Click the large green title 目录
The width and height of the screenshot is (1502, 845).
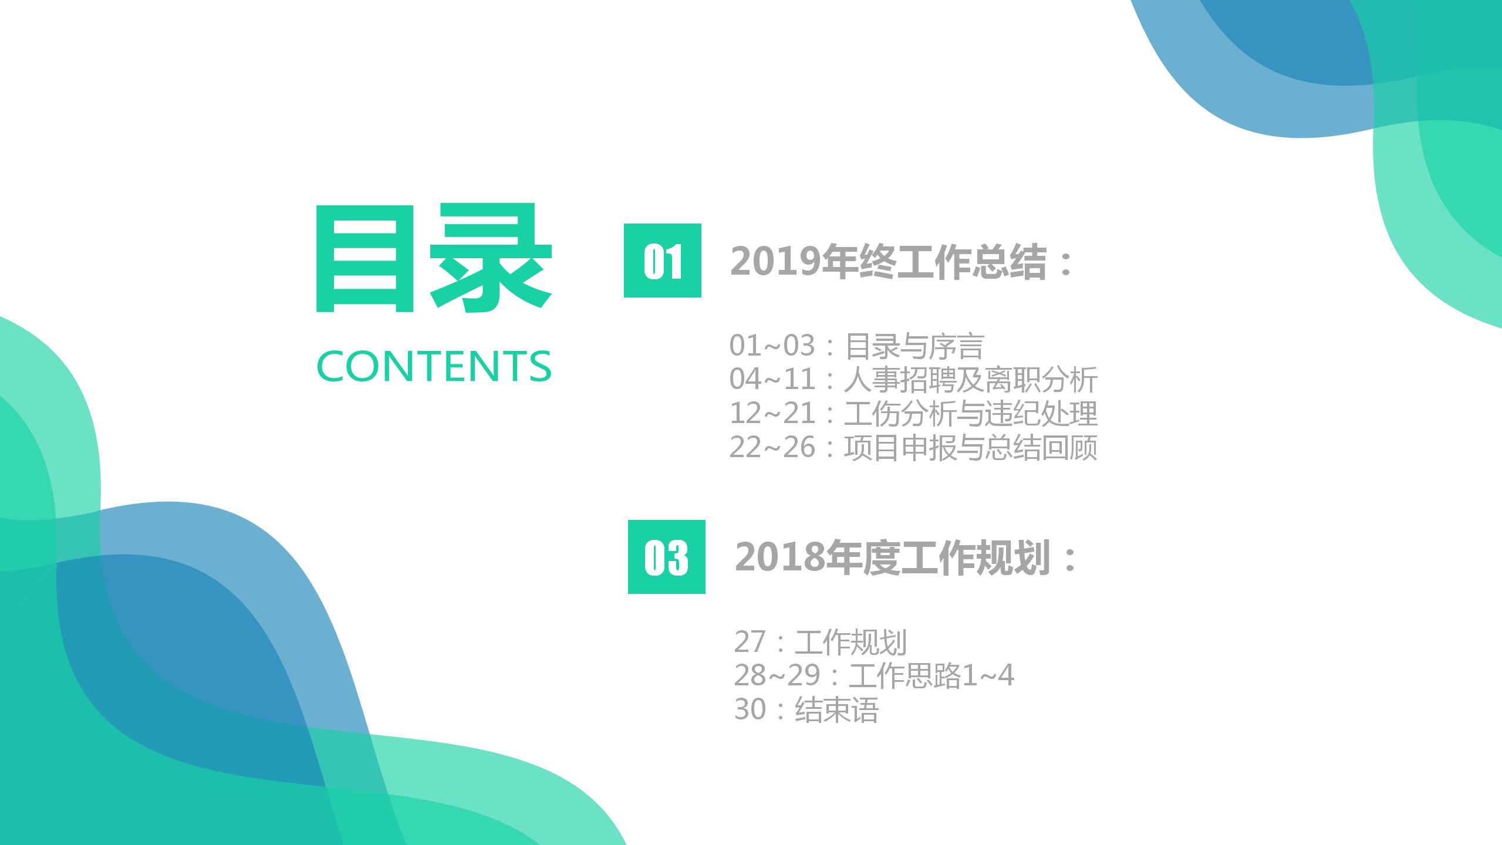tap(434, 258)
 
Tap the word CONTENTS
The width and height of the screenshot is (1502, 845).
tap(434, 366)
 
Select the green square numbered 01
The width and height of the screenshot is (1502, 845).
tap(662, 261)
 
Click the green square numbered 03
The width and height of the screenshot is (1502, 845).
tap(666, 557)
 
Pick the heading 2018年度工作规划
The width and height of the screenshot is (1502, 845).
tap(892, 557)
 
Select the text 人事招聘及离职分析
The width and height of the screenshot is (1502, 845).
tap(970, 380)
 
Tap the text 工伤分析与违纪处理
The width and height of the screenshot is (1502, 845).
tap(970, 414)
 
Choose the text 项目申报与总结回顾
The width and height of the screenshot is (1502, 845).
tap(970, 448)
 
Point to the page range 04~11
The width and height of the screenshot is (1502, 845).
tap(772, 380)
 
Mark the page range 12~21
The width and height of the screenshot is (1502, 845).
tap(772, 414)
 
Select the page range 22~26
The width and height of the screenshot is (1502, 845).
tap(772, 448)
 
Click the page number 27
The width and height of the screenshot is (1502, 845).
tap(750, 642)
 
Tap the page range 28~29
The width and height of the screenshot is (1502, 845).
tap(777, 676)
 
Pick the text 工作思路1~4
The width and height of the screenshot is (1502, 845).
tap(931, 676)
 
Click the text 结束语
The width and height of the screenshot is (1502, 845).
tap(836, 710)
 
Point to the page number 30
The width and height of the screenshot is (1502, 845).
tap(750, 710)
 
